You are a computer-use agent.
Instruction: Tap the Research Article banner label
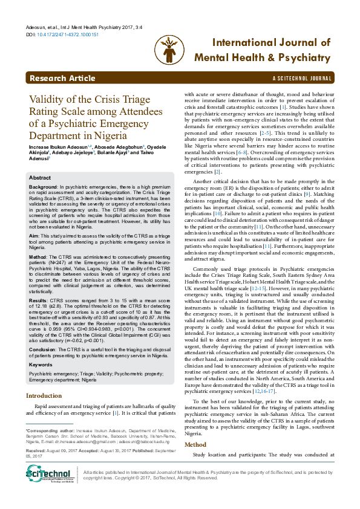point(62,79)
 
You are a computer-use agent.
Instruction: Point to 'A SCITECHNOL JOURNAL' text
point(303,79)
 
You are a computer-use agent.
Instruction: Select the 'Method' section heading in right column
point(195,428)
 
